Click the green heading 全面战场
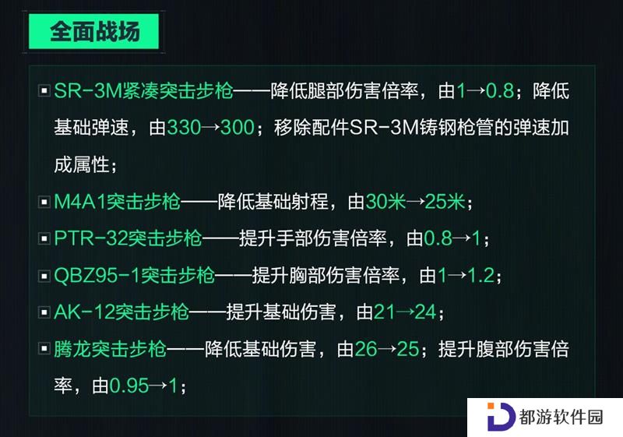click(94, 31)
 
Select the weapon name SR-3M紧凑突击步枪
click(143, 90)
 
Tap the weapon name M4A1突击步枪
click(118, 202)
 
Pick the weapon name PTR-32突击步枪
click(128, 238)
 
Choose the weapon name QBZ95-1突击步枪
click(134, 275)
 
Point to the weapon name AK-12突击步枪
click(121, 312)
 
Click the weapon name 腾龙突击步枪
click(110, 349)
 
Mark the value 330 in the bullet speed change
click(184, 128)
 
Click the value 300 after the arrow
click(238, 128)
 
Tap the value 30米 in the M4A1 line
click(385, 202)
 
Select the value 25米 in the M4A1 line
click(445, 202)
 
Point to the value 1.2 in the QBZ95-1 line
click(481, 275)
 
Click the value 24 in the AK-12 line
click(425, 312)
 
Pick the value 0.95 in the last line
click(129, 386)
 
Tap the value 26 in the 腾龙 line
click(365, 349)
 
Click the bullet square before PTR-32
click(44, 239)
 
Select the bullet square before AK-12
click(44, 312)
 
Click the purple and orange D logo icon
click(501, 417)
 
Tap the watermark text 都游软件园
click(561, 418)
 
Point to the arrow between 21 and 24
click(405, 312)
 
